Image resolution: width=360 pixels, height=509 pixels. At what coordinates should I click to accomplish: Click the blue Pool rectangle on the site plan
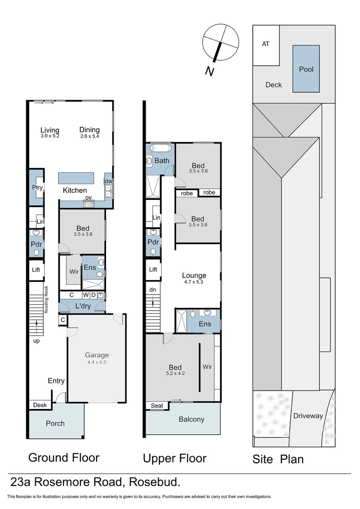click(306, 69)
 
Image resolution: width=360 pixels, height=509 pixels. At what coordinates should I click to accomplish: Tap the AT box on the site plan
click(266, 44)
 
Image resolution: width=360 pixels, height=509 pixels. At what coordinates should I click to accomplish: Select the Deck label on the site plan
click(273, 85)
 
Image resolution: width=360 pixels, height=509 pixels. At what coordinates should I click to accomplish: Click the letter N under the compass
click(209, 71)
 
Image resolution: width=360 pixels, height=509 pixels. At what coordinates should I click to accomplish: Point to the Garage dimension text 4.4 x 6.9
click(97, 362)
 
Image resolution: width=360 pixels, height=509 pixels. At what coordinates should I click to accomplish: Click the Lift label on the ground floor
click(36, 270)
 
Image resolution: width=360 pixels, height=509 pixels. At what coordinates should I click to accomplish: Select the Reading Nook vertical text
click(47, 300)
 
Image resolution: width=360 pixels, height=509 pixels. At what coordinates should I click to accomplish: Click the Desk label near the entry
click(40, 405)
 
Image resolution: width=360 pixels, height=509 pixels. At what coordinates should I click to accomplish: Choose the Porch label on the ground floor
click(55, 423)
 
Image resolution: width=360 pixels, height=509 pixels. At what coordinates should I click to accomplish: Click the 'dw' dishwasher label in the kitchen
click(108, 181)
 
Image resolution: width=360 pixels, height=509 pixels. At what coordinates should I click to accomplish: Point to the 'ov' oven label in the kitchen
click(88, 197)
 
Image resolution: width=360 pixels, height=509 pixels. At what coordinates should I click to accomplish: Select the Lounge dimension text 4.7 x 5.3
click(194, 283)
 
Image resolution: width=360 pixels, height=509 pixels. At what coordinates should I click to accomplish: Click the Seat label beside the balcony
click(156, 406)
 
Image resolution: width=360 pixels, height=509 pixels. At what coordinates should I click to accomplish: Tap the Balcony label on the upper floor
click(191, 419)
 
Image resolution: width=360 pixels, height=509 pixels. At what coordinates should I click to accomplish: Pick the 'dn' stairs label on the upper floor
click(152, 290)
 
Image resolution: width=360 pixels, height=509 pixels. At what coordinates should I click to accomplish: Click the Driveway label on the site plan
click(308, 416)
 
